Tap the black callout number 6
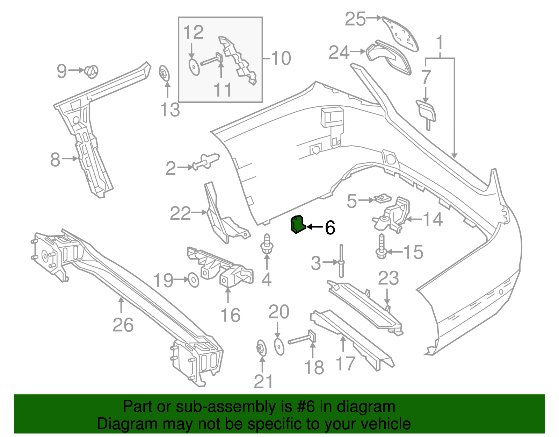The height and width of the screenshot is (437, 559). [330, 228]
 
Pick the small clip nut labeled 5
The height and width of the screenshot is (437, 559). [382, 199]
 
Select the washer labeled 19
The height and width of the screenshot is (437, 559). [194, 280]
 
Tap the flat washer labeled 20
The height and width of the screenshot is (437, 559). [279, 346]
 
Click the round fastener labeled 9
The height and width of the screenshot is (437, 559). [92, 71]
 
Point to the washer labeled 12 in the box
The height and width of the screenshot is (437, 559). [194, 67]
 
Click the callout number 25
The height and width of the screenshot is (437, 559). [355, 19]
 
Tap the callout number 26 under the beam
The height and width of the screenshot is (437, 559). [123, 325]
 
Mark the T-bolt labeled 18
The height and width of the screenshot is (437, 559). [304, 339]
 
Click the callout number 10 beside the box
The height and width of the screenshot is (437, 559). [281, 58]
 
